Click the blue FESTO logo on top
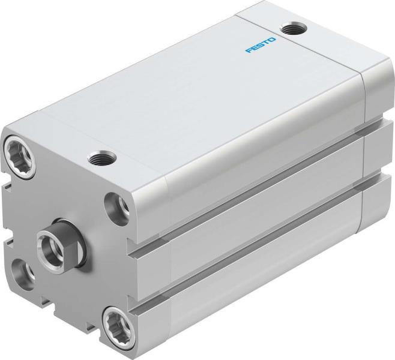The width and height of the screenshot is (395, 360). pos(261,45)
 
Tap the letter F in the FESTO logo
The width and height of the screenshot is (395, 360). pos(248,52)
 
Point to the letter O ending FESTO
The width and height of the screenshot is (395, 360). pos(273,39)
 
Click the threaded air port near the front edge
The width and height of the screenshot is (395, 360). pos(97,158)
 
